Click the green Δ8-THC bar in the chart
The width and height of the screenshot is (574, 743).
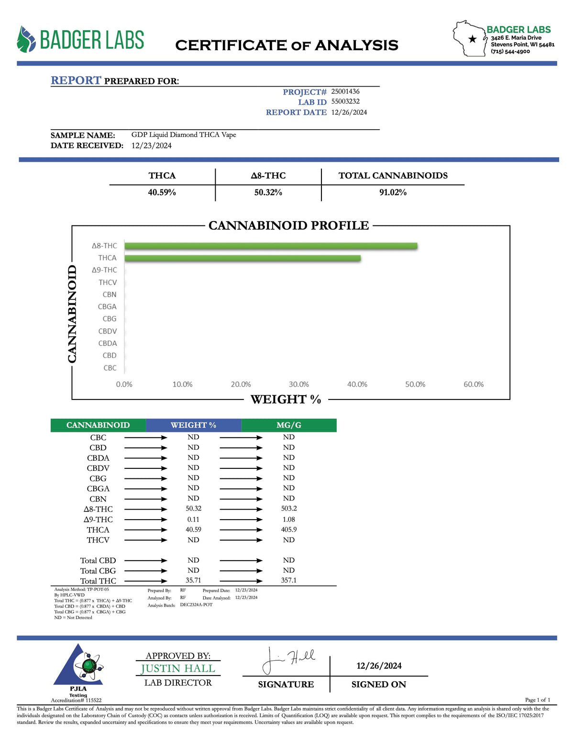271,246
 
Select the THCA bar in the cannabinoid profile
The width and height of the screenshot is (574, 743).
243,258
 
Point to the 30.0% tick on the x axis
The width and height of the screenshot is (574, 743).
298,385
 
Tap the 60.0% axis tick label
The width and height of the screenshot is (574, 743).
473,385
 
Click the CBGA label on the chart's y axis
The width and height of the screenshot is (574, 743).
107,307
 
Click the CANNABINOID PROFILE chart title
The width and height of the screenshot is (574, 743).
288,225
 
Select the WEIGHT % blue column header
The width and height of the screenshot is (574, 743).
193,425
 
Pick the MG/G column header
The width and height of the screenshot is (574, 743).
288,425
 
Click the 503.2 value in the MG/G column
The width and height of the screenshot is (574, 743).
289,509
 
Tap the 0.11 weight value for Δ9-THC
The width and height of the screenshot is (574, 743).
193,519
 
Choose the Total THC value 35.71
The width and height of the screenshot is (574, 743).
193,580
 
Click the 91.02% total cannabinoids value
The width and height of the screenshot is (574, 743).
393,192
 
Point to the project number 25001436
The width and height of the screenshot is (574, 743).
345,91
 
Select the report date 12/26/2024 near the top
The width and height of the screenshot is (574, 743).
349,112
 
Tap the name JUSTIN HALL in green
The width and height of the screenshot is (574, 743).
178,668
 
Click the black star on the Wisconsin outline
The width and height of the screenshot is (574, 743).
473,39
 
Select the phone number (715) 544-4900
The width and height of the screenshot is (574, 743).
510,52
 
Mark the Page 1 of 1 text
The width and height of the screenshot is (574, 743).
538,700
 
